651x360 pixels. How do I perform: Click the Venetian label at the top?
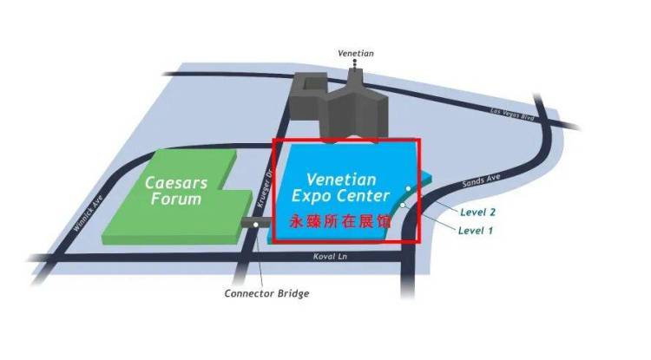coord(355,53)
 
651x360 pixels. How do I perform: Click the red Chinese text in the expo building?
coord(340,221)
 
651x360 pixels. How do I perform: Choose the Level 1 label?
coord(475,231)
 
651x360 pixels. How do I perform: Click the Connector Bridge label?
coord(266,293)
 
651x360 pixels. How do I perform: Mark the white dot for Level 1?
coord(403,205)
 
